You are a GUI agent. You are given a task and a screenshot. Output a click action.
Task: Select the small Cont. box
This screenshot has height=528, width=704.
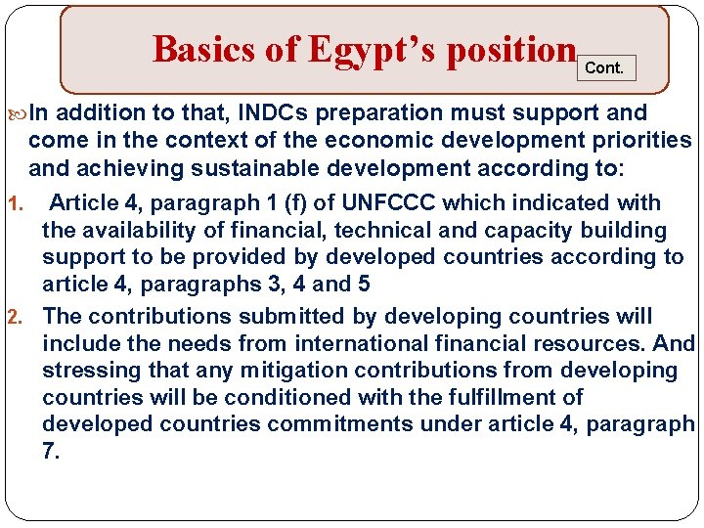(604, 68)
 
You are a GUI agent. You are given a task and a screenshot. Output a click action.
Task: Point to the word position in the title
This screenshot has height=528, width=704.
(509, 49)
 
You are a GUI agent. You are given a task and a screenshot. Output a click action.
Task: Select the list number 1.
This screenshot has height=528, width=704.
(14, 204)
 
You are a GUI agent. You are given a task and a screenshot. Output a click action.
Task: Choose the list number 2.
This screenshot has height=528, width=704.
(14, 317)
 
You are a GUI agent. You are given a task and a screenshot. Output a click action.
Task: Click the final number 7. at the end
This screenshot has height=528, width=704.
(51, 452)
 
